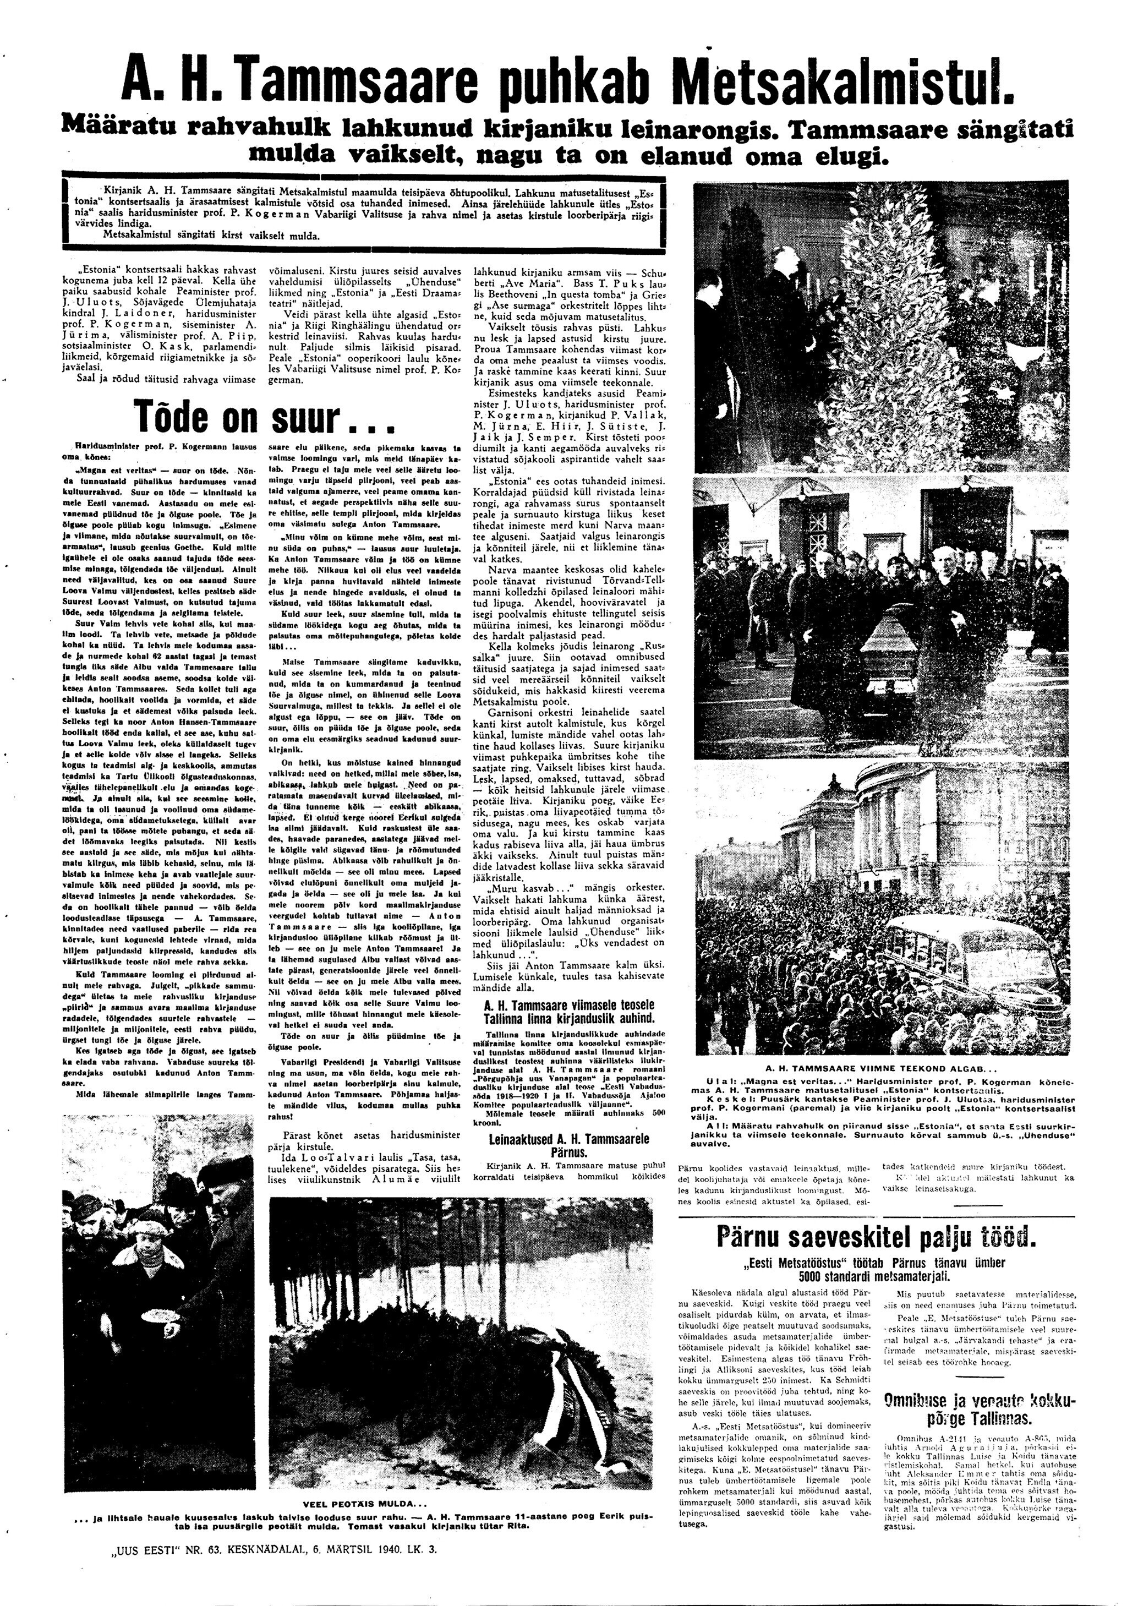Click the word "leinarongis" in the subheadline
pos(682,129)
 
